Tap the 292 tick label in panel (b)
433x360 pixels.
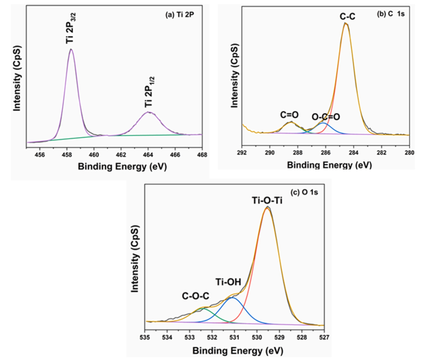click(x=242, y=154)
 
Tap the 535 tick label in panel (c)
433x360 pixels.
click(x=145, y=338)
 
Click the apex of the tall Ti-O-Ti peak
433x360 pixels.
click(x=268, y=208)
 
